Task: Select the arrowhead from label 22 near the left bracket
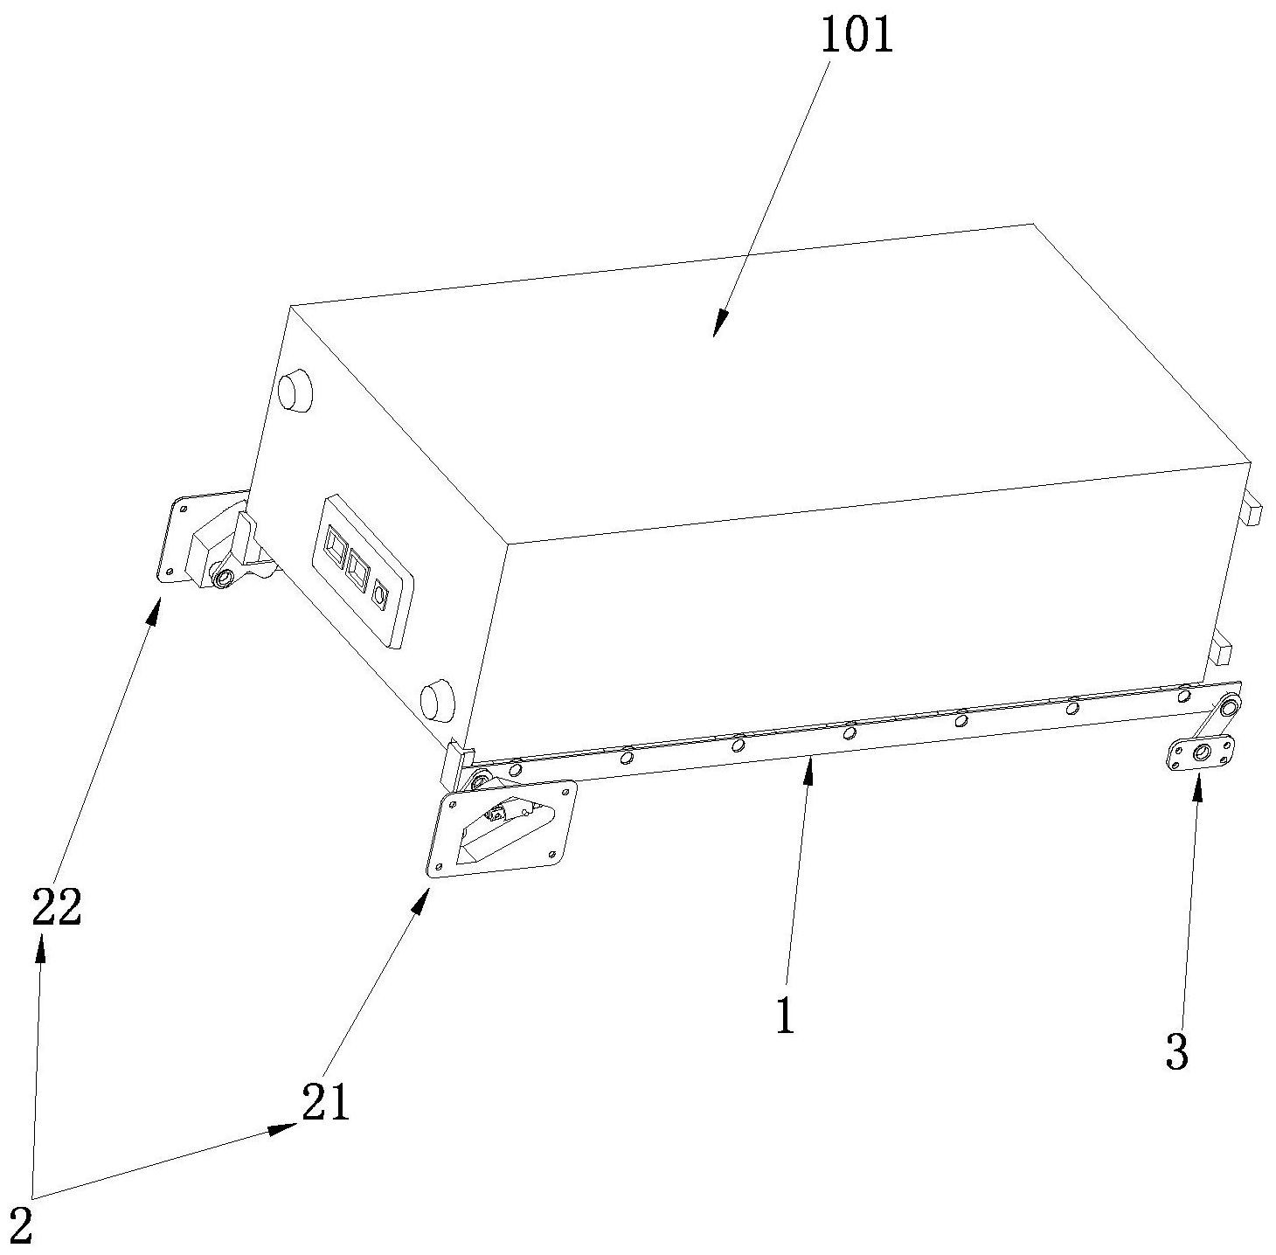[x=154, y=610]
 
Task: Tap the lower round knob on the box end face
[x=438, y=700]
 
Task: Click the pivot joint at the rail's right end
[x=1229, y=707]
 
